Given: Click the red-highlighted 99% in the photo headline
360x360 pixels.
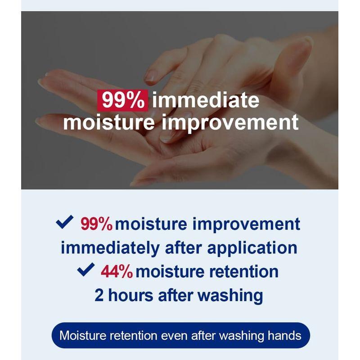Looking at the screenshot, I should point(122,100).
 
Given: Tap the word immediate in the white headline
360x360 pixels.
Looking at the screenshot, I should point(206,100).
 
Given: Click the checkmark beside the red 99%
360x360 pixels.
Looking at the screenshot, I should point(64,222).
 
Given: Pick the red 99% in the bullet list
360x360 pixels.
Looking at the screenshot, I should point(96,224).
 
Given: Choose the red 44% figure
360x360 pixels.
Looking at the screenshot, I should point(117,272).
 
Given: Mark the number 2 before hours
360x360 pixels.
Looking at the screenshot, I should point(99,296).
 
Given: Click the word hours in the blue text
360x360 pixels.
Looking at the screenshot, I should point(131,296).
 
